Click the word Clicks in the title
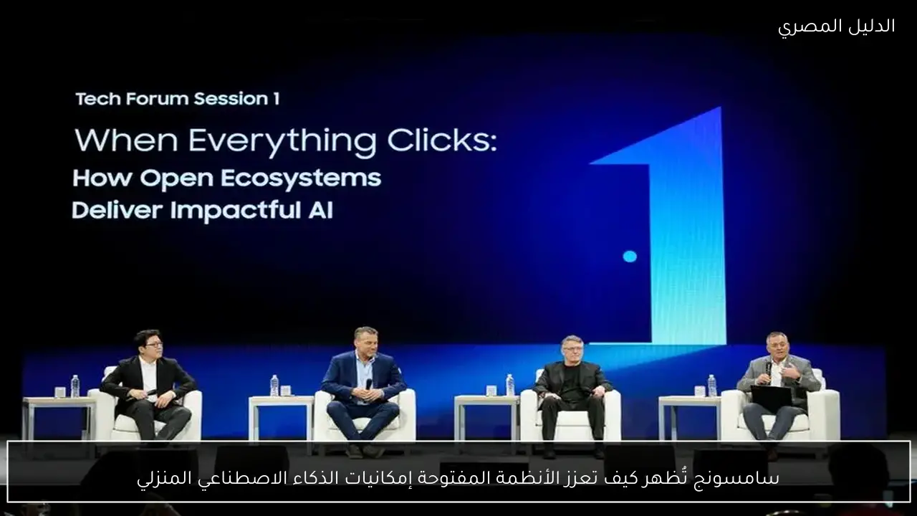pyautogui.click(x=442, y=140)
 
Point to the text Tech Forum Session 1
pyautogui.click(x=178, y=99)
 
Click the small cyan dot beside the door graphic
pyautogui.click(x=630, y=257)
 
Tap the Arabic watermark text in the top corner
pyautogui.click(x=836, y=27)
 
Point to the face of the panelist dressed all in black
pyautogui.click(x=572, y=350)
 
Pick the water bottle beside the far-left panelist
pyautogui.click(x=75, y=386)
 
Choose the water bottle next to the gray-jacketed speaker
pyautogui.click(x=712, y=386)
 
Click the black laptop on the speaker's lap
pyautogui.click(x=771, y=396)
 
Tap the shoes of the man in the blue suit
pyautogui.click(x=365, y=451)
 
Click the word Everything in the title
pyautogui.click(x=282, y=141)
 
